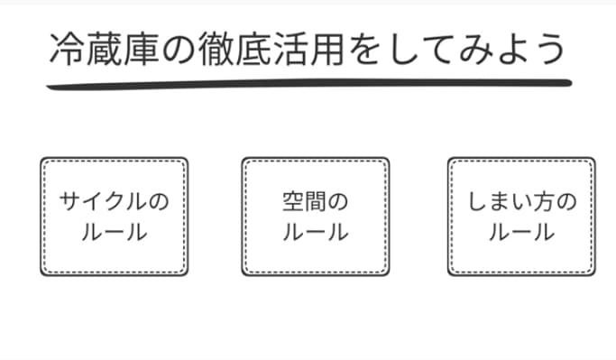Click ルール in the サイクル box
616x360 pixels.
[114, 232]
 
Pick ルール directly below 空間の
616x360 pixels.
[315, 232]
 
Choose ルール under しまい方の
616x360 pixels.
[521, 232]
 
